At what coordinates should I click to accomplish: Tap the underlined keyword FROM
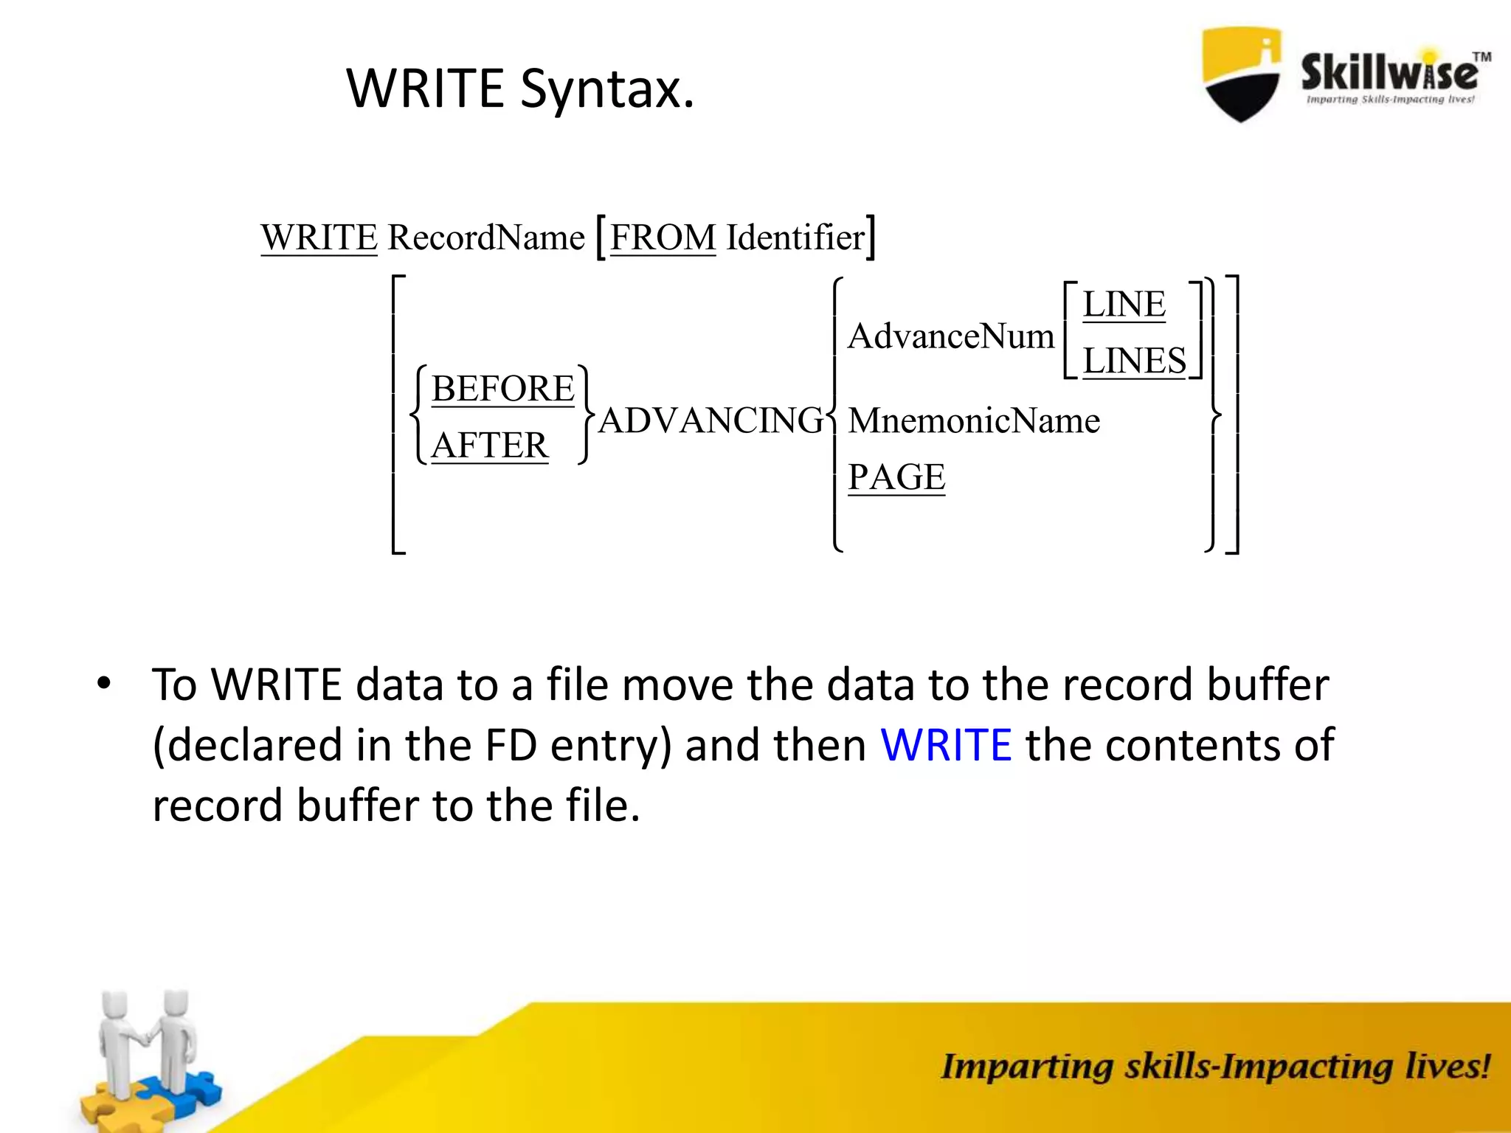(x=663, y=238)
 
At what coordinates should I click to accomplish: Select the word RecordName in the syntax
(x=486, y=238)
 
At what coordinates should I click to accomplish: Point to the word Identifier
(x=795, y=238)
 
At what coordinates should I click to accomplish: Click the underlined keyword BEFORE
(x=502, y=389)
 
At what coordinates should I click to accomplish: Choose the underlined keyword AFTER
(x=489, y=446)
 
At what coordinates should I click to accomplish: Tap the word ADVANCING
(x=710, y=421)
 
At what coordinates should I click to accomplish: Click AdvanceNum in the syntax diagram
(x=950, y=337)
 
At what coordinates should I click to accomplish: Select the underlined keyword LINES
(x=1134, y=361)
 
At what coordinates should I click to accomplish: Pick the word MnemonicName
(x=974, y=421)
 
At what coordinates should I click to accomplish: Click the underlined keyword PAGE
(x=896, y=477)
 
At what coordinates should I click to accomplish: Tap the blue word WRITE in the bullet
(x=946, y=745)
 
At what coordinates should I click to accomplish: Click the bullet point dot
(x=104, y=683)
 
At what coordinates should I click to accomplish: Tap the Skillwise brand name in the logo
(x=1389, y=72)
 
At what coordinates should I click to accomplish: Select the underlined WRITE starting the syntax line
(x=319, y=238)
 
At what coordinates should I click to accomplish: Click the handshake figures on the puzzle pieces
(x=148, y=1055)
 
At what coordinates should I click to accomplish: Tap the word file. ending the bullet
(x=603, y=805)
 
